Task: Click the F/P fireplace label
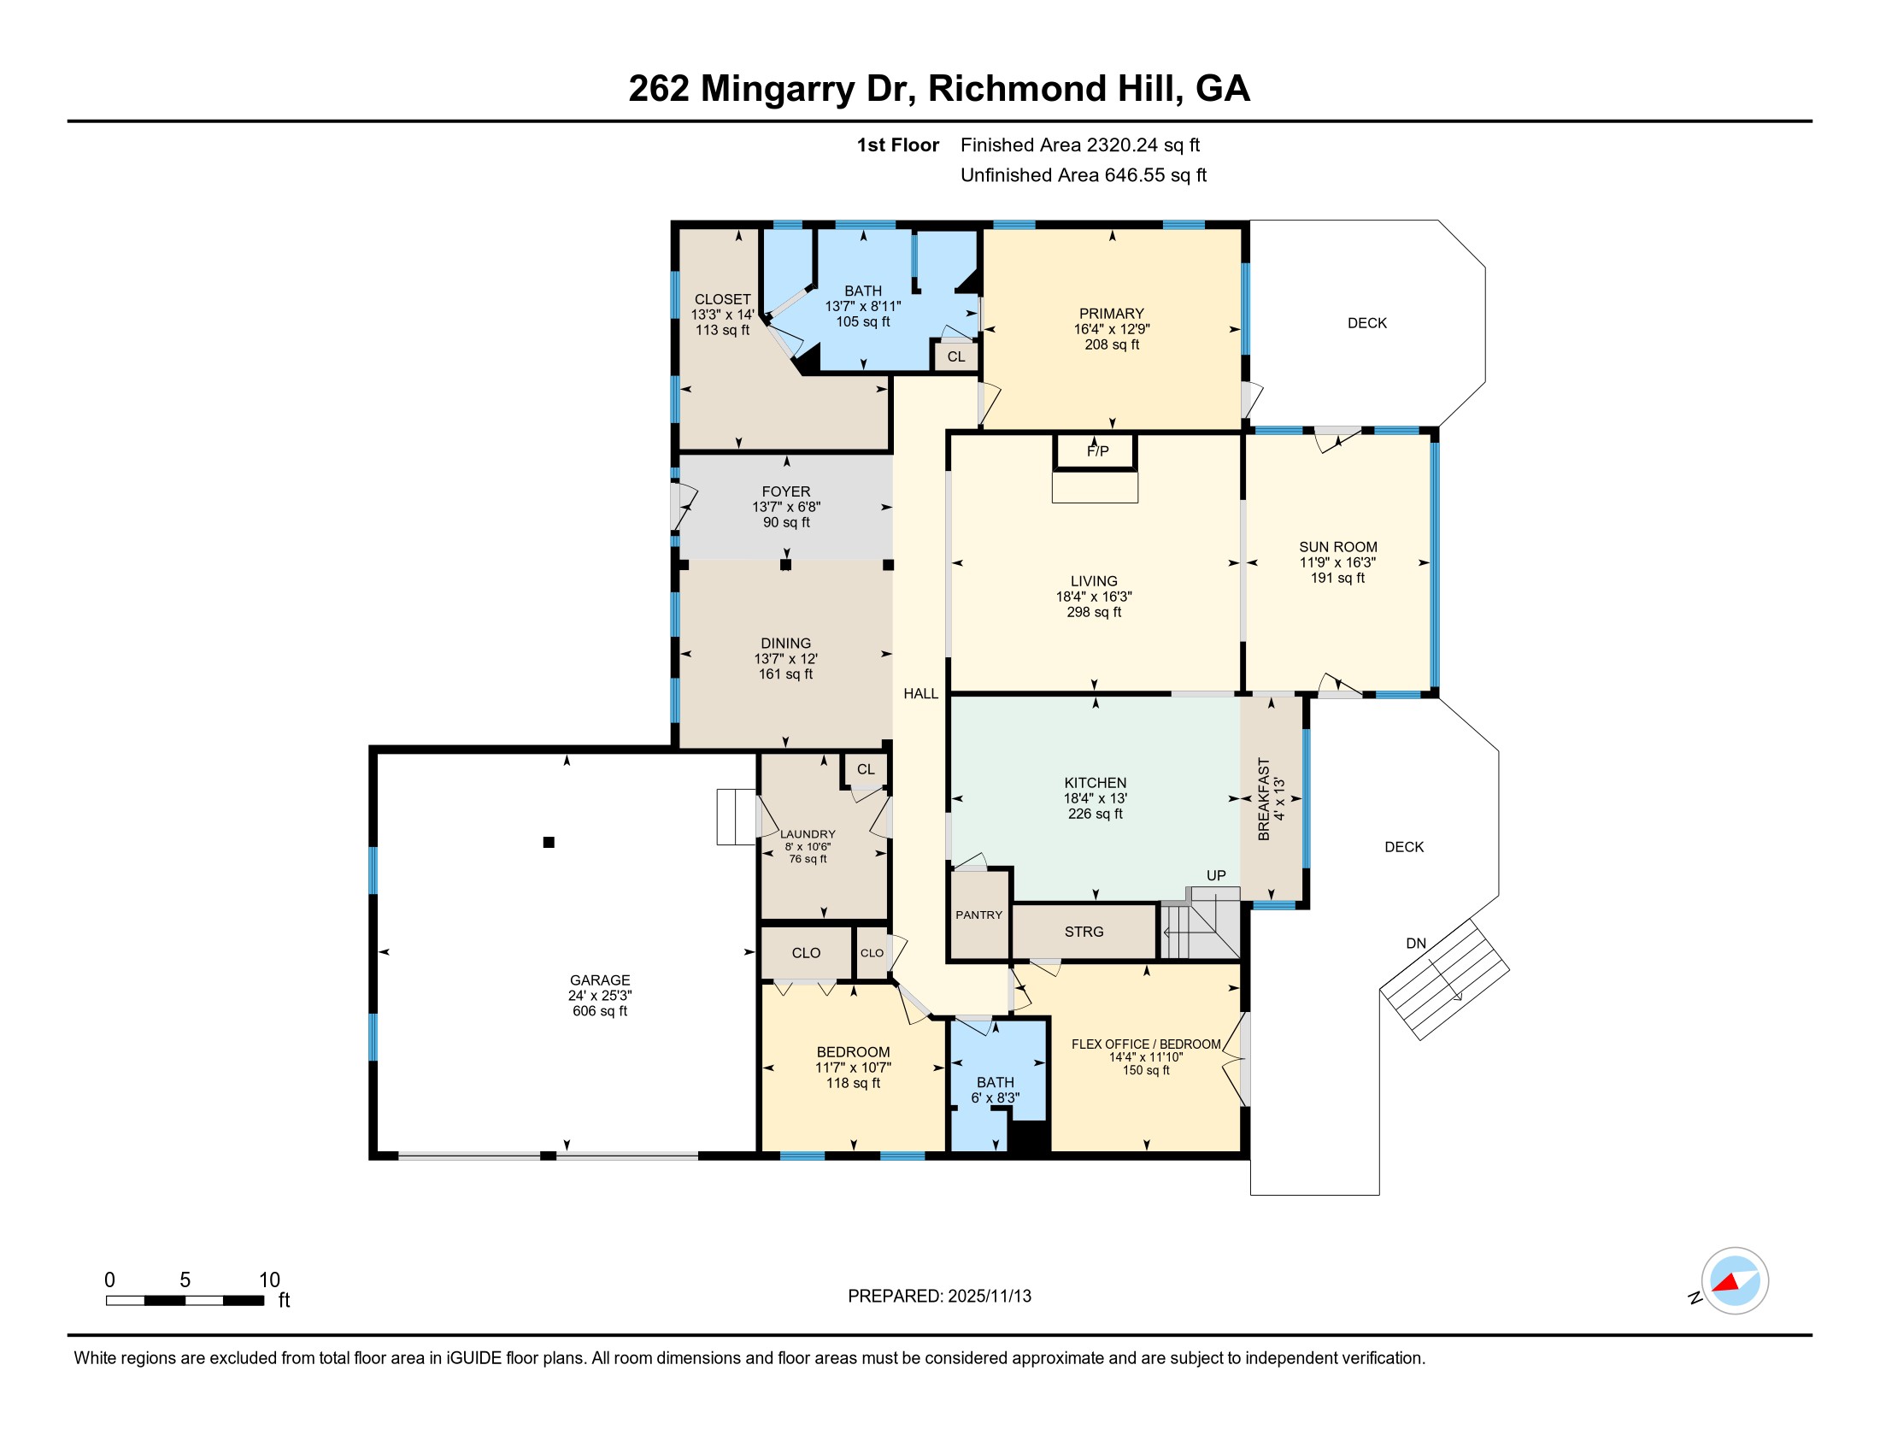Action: point(1097,451)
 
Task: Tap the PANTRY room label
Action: point(978,915)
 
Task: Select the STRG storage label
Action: point(1084,932)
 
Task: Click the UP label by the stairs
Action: point(1215,875)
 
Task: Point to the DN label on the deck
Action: point(1416,944)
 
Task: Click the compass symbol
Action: point(1734,1281)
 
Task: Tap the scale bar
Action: point(185,1300)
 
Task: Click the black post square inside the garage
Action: point(549,842)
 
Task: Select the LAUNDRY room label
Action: point(808,834)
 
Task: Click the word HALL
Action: point(920,694)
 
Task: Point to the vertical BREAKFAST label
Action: point(1264,799)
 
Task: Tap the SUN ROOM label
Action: point(1337,547)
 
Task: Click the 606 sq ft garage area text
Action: point(600,1010)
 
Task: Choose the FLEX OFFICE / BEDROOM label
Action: point(1146,1044)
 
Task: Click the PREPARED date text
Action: point(939,1296)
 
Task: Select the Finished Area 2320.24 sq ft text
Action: point(1080,144)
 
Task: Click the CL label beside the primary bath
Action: point(955,356)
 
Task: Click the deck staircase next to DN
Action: point(1444,979)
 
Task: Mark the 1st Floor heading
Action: point(897,144)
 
